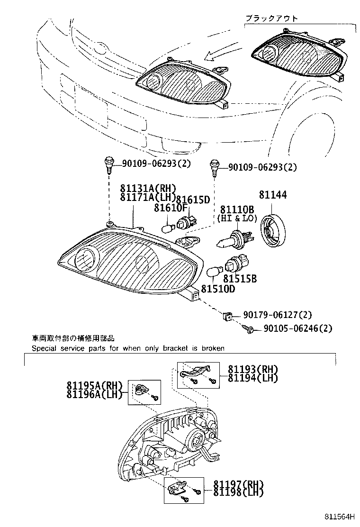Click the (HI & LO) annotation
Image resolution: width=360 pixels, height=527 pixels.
(x=236, y=218)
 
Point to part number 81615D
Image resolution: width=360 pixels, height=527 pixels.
(x=193, y=200)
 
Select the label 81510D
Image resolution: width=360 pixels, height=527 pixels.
(x=217, y=289)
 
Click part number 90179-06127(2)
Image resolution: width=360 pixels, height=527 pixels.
(x=278, y=315)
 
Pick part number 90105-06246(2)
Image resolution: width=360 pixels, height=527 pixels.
(x=297, y=328)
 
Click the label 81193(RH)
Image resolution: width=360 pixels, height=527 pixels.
(x=252, y=370)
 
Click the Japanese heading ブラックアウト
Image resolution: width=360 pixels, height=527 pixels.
(x=271, y=18)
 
